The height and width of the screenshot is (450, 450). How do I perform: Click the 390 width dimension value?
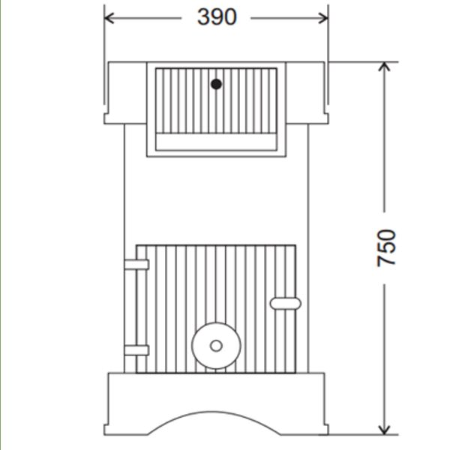coord(217,16)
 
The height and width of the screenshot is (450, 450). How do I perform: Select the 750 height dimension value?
coord(387,247)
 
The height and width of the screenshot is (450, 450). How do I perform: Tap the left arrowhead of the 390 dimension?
coord(109,16)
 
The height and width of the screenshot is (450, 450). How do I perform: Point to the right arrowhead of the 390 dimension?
coord(323,16)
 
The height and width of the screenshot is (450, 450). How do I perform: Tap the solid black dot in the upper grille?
coord(216,84)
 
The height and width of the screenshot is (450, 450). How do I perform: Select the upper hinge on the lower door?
coord(136,264)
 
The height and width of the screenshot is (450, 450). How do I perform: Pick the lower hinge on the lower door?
coord(136,349)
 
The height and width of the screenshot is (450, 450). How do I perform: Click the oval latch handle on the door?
coord(286,303)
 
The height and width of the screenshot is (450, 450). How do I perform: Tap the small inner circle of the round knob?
coord(216,346)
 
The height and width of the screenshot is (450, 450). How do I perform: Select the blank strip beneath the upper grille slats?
coord(216,142)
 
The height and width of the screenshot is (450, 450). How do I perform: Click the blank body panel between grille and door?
coord(216,199)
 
